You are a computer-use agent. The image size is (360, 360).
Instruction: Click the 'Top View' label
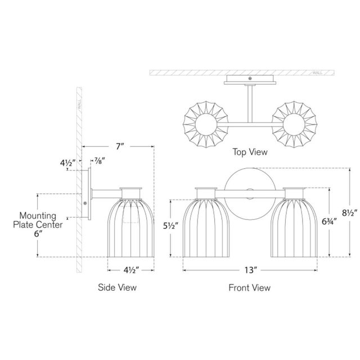250,152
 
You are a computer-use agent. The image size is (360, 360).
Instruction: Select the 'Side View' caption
117,287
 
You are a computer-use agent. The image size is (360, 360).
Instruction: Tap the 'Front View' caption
249,287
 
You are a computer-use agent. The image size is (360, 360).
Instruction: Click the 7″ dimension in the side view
120,146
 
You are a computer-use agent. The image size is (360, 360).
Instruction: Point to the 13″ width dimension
250,270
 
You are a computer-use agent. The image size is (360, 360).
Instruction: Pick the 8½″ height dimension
350,213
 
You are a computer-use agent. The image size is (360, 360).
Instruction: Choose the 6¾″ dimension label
329,222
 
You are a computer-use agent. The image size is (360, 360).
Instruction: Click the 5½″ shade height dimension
171,226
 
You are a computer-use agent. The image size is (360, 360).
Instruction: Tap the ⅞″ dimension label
100,161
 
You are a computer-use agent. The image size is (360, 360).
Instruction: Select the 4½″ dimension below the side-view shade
131,270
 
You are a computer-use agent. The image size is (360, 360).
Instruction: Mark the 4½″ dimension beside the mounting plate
67,163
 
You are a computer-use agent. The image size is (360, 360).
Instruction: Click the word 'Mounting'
38,216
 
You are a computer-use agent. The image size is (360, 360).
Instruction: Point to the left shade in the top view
206,124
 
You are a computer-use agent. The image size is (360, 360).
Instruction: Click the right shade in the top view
294,124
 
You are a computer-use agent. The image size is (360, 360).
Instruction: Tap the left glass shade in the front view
206,228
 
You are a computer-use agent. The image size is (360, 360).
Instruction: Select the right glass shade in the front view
294,228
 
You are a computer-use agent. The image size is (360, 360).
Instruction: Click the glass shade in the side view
131,228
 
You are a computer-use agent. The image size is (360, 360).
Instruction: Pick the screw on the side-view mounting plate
85,203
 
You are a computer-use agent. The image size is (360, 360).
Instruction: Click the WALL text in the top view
317,73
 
